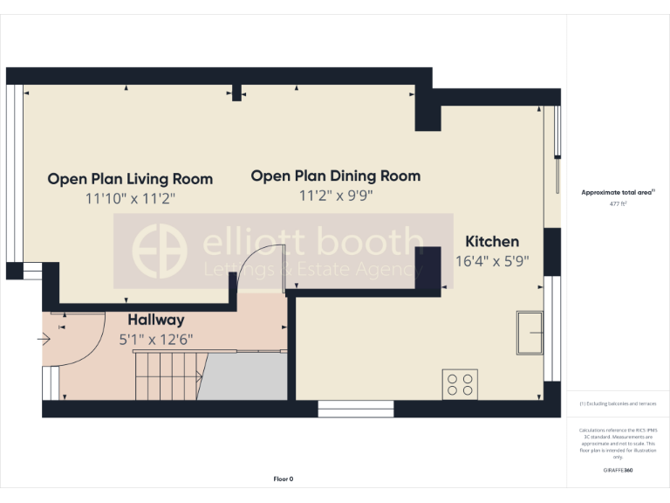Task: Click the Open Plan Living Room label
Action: (x=130, y=179)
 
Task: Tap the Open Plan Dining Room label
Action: (x=336, y=176)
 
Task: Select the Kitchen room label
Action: (x=492, y=242)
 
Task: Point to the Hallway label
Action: (x=156, y=320)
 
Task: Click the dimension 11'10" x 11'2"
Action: (x=130, y=199)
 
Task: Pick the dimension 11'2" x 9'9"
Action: (x=336, y=196)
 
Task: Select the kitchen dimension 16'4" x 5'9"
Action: (x=492, y=260)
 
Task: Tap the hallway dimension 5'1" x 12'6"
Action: (x=156, y=339)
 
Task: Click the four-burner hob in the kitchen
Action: (x=460, y=384)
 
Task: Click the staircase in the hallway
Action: (x=167, y=376)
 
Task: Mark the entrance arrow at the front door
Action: (x=45, y=340)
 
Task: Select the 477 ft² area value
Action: (x=618, y=203)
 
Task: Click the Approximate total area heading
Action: (x=618, y=192)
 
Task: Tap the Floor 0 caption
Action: (x=284, y=479)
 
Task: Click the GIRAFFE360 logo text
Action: (x=618, y=471)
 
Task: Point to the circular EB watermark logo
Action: (x=159, y=251)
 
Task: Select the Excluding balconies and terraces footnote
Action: (x=618, y=404)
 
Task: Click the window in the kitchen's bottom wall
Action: (x=343, y=408)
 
